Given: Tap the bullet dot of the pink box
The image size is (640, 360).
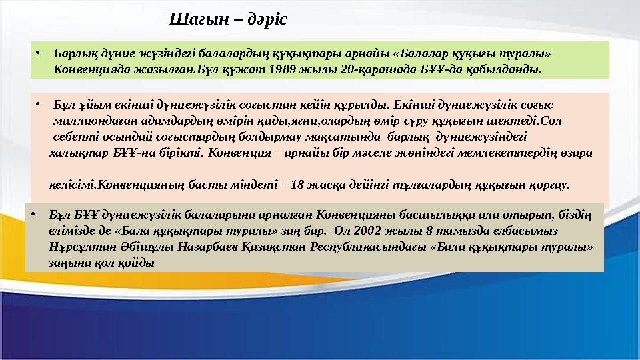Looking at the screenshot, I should point(39,105).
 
